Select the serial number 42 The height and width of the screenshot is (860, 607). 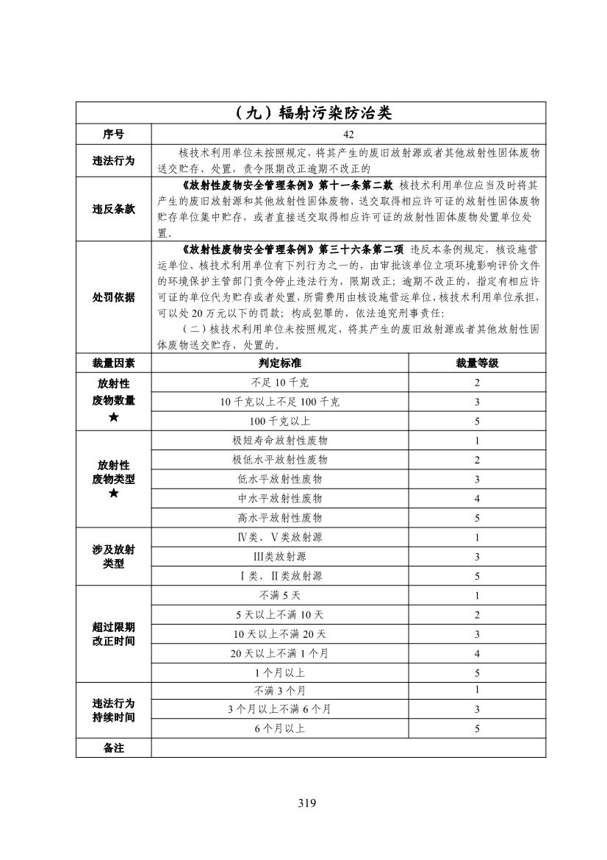click(x=348, y=134)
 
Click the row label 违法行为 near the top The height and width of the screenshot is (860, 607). click(x=113, y=160)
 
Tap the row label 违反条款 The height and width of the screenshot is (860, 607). click(x=113, y=209)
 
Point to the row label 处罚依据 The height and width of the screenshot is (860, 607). click(x=113, y=297)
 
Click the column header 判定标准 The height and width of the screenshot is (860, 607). click(x=279, y=363)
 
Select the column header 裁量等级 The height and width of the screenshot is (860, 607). click(x=477, y=363)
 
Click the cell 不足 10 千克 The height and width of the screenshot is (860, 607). click(x=279, y=383)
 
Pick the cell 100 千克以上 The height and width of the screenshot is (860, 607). click(x=279, y=421)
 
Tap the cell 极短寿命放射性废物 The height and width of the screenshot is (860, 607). click(x=279, y=441)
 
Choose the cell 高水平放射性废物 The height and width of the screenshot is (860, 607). click(x=279, y=518)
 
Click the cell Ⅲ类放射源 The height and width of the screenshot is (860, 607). click(x=279, y=557)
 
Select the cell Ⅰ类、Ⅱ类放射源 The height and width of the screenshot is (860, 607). click(x=279, y=576)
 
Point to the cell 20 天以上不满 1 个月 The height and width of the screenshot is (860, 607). click(x=279, y=653)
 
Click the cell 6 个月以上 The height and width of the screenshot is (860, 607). click(x=279, y=729)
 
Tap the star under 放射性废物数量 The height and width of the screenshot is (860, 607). click(x=113, y=418)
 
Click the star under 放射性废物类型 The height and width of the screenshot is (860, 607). click(x=113, y=494)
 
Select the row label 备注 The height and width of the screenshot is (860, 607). click(x=113, y=748)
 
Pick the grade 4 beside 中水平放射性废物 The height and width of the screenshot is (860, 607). click(x=477, y=499)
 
